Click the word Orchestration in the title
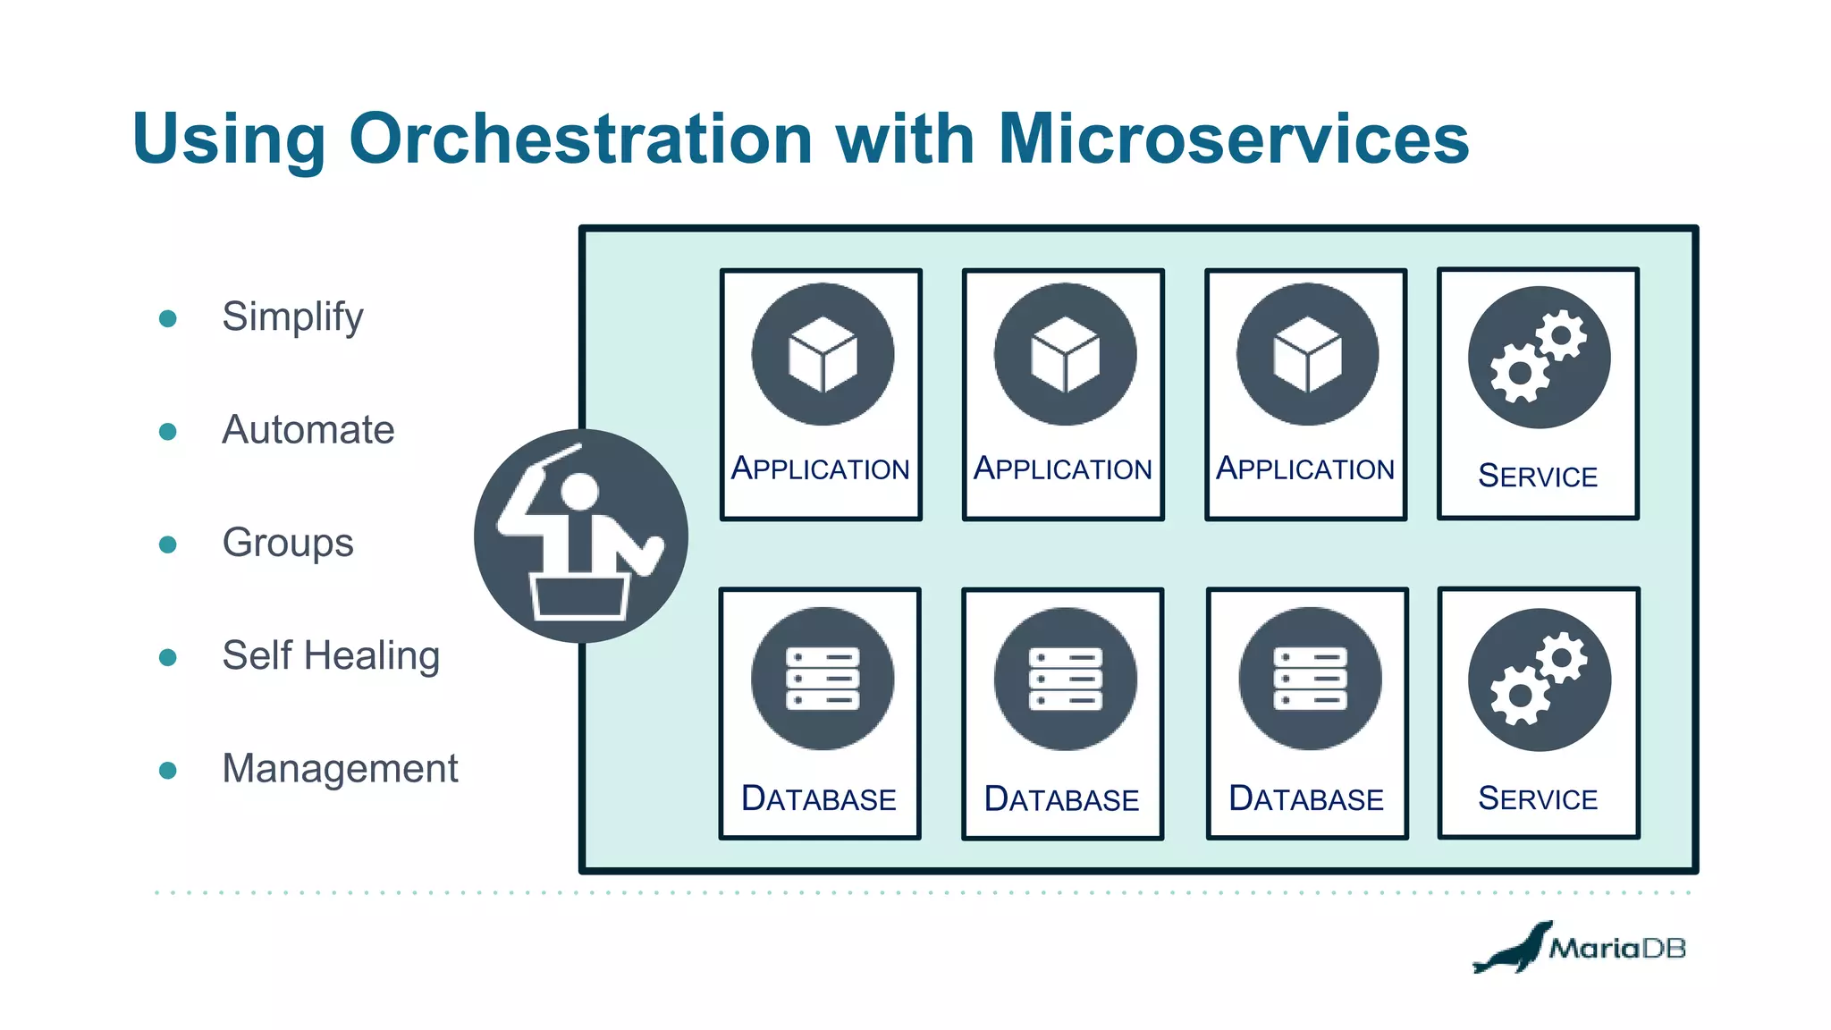580,139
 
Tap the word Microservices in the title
1233,139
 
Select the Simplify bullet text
292,317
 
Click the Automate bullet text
308,430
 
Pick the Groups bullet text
287,543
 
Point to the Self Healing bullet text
330,655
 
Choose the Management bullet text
340,769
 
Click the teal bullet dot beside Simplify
167,318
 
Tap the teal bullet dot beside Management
167,771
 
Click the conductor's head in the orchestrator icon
579,492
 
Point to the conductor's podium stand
579,596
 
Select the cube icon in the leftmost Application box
823,354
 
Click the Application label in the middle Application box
1062,469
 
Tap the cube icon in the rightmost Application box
1307,354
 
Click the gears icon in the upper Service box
1539,357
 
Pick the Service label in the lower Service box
1538,798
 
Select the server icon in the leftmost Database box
823,679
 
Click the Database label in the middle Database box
1061,799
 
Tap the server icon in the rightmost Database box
1310,679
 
